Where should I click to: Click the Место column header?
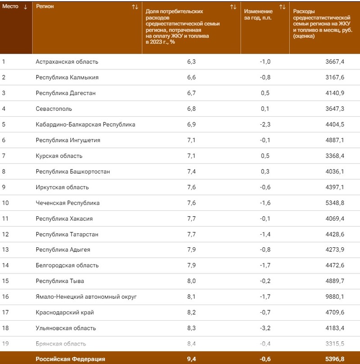point(11,7)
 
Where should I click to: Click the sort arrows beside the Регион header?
point(135,7)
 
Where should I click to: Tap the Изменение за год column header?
point(258,14)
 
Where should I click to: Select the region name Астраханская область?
point(67,62)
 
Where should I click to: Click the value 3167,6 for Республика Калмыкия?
point(334,77)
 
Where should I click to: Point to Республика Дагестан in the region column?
point(66,93)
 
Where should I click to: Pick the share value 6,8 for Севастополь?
point(191,109)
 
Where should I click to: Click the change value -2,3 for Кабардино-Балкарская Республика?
point(265,124)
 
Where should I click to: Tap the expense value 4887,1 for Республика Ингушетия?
point(334,140)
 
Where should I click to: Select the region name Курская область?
point(59,156)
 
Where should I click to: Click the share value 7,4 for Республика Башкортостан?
point(191,172)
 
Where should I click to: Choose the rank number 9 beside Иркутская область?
point(4,187)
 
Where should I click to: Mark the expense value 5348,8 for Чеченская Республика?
point(334,203)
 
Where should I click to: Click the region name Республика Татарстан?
point(67,234)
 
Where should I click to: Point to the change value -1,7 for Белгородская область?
point(265,265)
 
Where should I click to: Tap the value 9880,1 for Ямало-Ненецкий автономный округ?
point(334,297)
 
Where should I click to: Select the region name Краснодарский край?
point(65,312)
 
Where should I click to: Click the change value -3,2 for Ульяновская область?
point(265,328)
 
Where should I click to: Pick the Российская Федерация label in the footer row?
point(70,359)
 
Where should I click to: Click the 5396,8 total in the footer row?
point(334,359)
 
